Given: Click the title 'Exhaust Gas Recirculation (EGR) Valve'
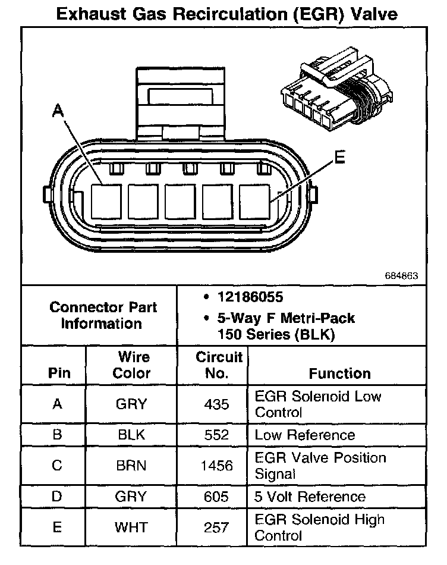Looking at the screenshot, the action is tap(226, 13).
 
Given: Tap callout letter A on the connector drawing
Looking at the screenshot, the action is tap(58, 110).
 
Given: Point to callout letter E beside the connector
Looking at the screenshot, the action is tap(339, 157).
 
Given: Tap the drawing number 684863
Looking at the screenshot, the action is tap(402, 276).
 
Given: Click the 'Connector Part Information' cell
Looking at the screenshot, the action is tap(103, 316).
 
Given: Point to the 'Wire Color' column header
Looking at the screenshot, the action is tap(132, 365).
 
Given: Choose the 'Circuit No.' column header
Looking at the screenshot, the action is tap(219, 365).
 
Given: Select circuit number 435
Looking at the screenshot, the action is tap(216, 404).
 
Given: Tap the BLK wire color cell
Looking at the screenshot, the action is tap(132, 435).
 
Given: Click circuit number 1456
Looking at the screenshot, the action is tap(216, 466).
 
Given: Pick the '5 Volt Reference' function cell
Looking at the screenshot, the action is tap(310, 497).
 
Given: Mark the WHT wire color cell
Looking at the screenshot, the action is tap(132, 528).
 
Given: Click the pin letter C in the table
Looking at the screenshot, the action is tap(57, 466).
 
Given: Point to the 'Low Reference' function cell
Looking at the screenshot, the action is tap(304, 435).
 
